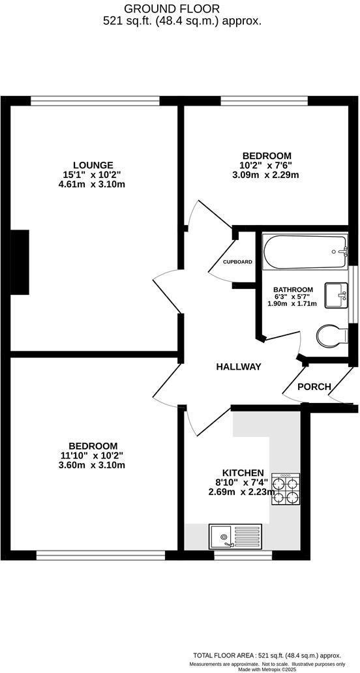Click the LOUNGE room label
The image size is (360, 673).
(93, 165)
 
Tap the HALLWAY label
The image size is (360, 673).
(239, 367)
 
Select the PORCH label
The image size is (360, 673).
(314, 387)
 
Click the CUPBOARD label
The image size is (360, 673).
(237, 262)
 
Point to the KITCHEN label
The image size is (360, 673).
(243, 473)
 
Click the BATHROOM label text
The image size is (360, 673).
(293, 290)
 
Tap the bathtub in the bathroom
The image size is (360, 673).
(305, 252)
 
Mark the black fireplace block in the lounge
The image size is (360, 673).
(20, 262)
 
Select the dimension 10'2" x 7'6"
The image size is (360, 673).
(266, 165)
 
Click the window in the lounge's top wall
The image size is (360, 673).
(95, 100)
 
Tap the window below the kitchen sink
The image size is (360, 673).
(243, 556)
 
